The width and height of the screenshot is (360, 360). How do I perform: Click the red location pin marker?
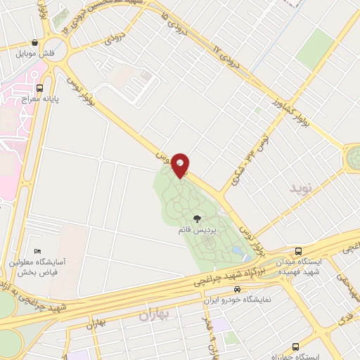tap(181, 165)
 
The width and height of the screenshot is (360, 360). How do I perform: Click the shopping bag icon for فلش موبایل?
tap(35, 42)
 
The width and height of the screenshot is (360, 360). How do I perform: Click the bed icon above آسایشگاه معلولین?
tap(38, 252)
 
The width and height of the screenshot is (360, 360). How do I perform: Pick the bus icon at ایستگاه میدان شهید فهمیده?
tap(298, 251)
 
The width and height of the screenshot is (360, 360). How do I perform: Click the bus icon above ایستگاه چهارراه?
tap(295, 347)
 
